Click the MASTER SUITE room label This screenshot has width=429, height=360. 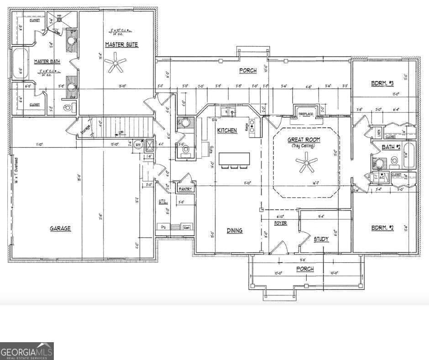pos(121,45)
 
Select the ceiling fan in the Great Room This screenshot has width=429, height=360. pos(306,164)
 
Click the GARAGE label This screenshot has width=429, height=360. pos(60,228)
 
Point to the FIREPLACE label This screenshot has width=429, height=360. pos(306,114)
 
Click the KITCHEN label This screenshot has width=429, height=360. pos(227,131)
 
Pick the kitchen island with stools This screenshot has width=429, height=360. pos(234,159)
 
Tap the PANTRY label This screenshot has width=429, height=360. pos(185,189)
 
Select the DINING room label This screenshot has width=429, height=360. pos(235,231)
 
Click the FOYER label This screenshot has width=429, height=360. pos(280,223)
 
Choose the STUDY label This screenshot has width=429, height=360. pos(321,238)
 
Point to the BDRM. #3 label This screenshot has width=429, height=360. pos(382,83)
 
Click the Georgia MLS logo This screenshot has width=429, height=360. pos(27,351)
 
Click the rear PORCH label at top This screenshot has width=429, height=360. pos(248,70)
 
